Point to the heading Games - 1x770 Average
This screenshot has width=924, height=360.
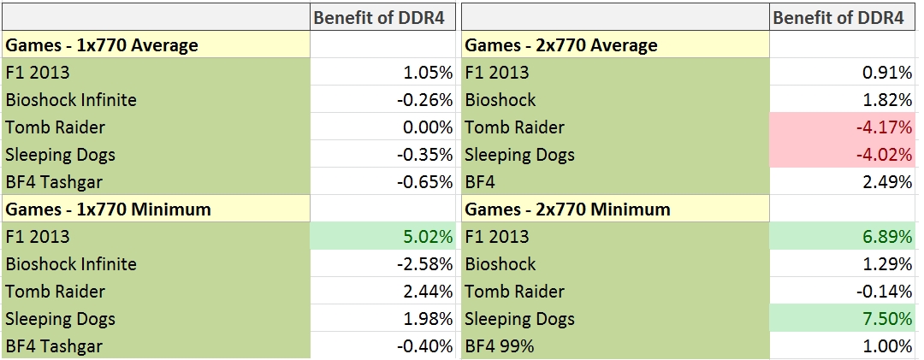point(102,45)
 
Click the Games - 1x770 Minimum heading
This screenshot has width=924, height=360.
point(109,210)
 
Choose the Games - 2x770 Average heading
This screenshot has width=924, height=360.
point(561,45)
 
